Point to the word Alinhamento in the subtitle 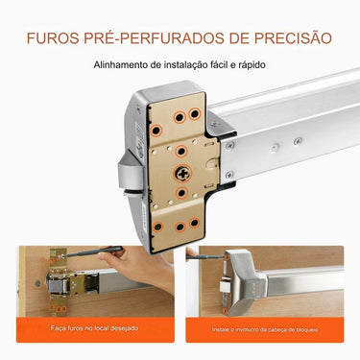(x=122, y=66)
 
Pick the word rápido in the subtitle (x=248, y=66)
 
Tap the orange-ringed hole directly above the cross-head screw (x=181, y=150)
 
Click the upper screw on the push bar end (x=228, y=145)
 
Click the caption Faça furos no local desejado (x=94, y=329)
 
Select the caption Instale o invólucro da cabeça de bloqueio (x=267, y=329)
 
